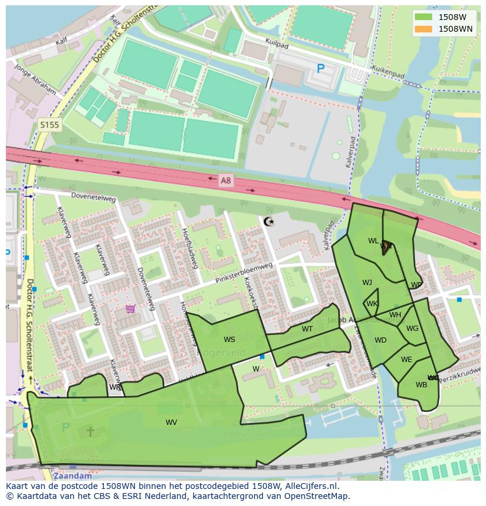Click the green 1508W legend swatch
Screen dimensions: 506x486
(x=423, y=17)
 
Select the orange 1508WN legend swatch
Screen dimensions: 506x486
(x=423, y=29)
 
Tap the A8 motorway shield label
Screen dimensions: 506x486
(x=225, y=181)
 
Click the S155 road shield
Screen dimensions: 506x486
(x=49, y=125)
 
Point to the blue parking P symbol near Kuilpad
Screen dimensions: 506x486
(x=320, y=69)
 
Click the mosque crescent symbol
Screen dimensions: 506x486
(x=269, y=222)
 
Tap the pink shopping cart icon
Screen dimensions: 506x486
(x=130, y=309)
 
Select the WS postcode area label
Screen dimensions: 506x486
(x=229, y=340)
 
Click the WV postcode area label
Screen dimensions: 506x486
(x=171, y=422)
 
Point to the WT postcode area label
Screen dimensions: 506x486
(x=307, y=329)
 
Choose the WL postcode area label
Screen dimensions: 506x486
(x=373, y=241)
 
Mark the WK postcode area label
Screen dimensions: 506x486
(x=372, y=304)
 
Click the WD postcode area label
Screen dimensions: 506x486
(x=380, y=340)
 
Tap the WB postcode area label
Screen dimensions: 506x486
(x=421, y=385)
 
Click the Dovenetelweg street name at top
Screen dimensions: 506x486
(x=93, y=197)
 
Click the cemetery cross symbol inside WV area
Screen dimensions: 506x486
(x=90, y=431)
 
